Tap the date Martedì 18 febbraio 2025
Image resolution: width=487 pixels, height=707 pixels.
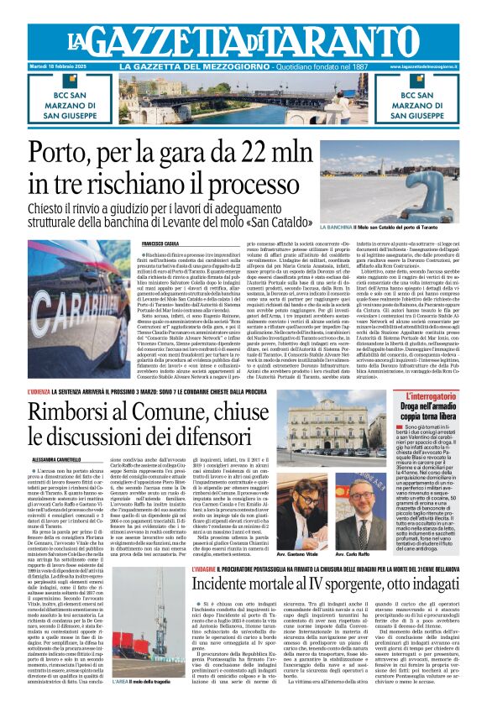[65, 65]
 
